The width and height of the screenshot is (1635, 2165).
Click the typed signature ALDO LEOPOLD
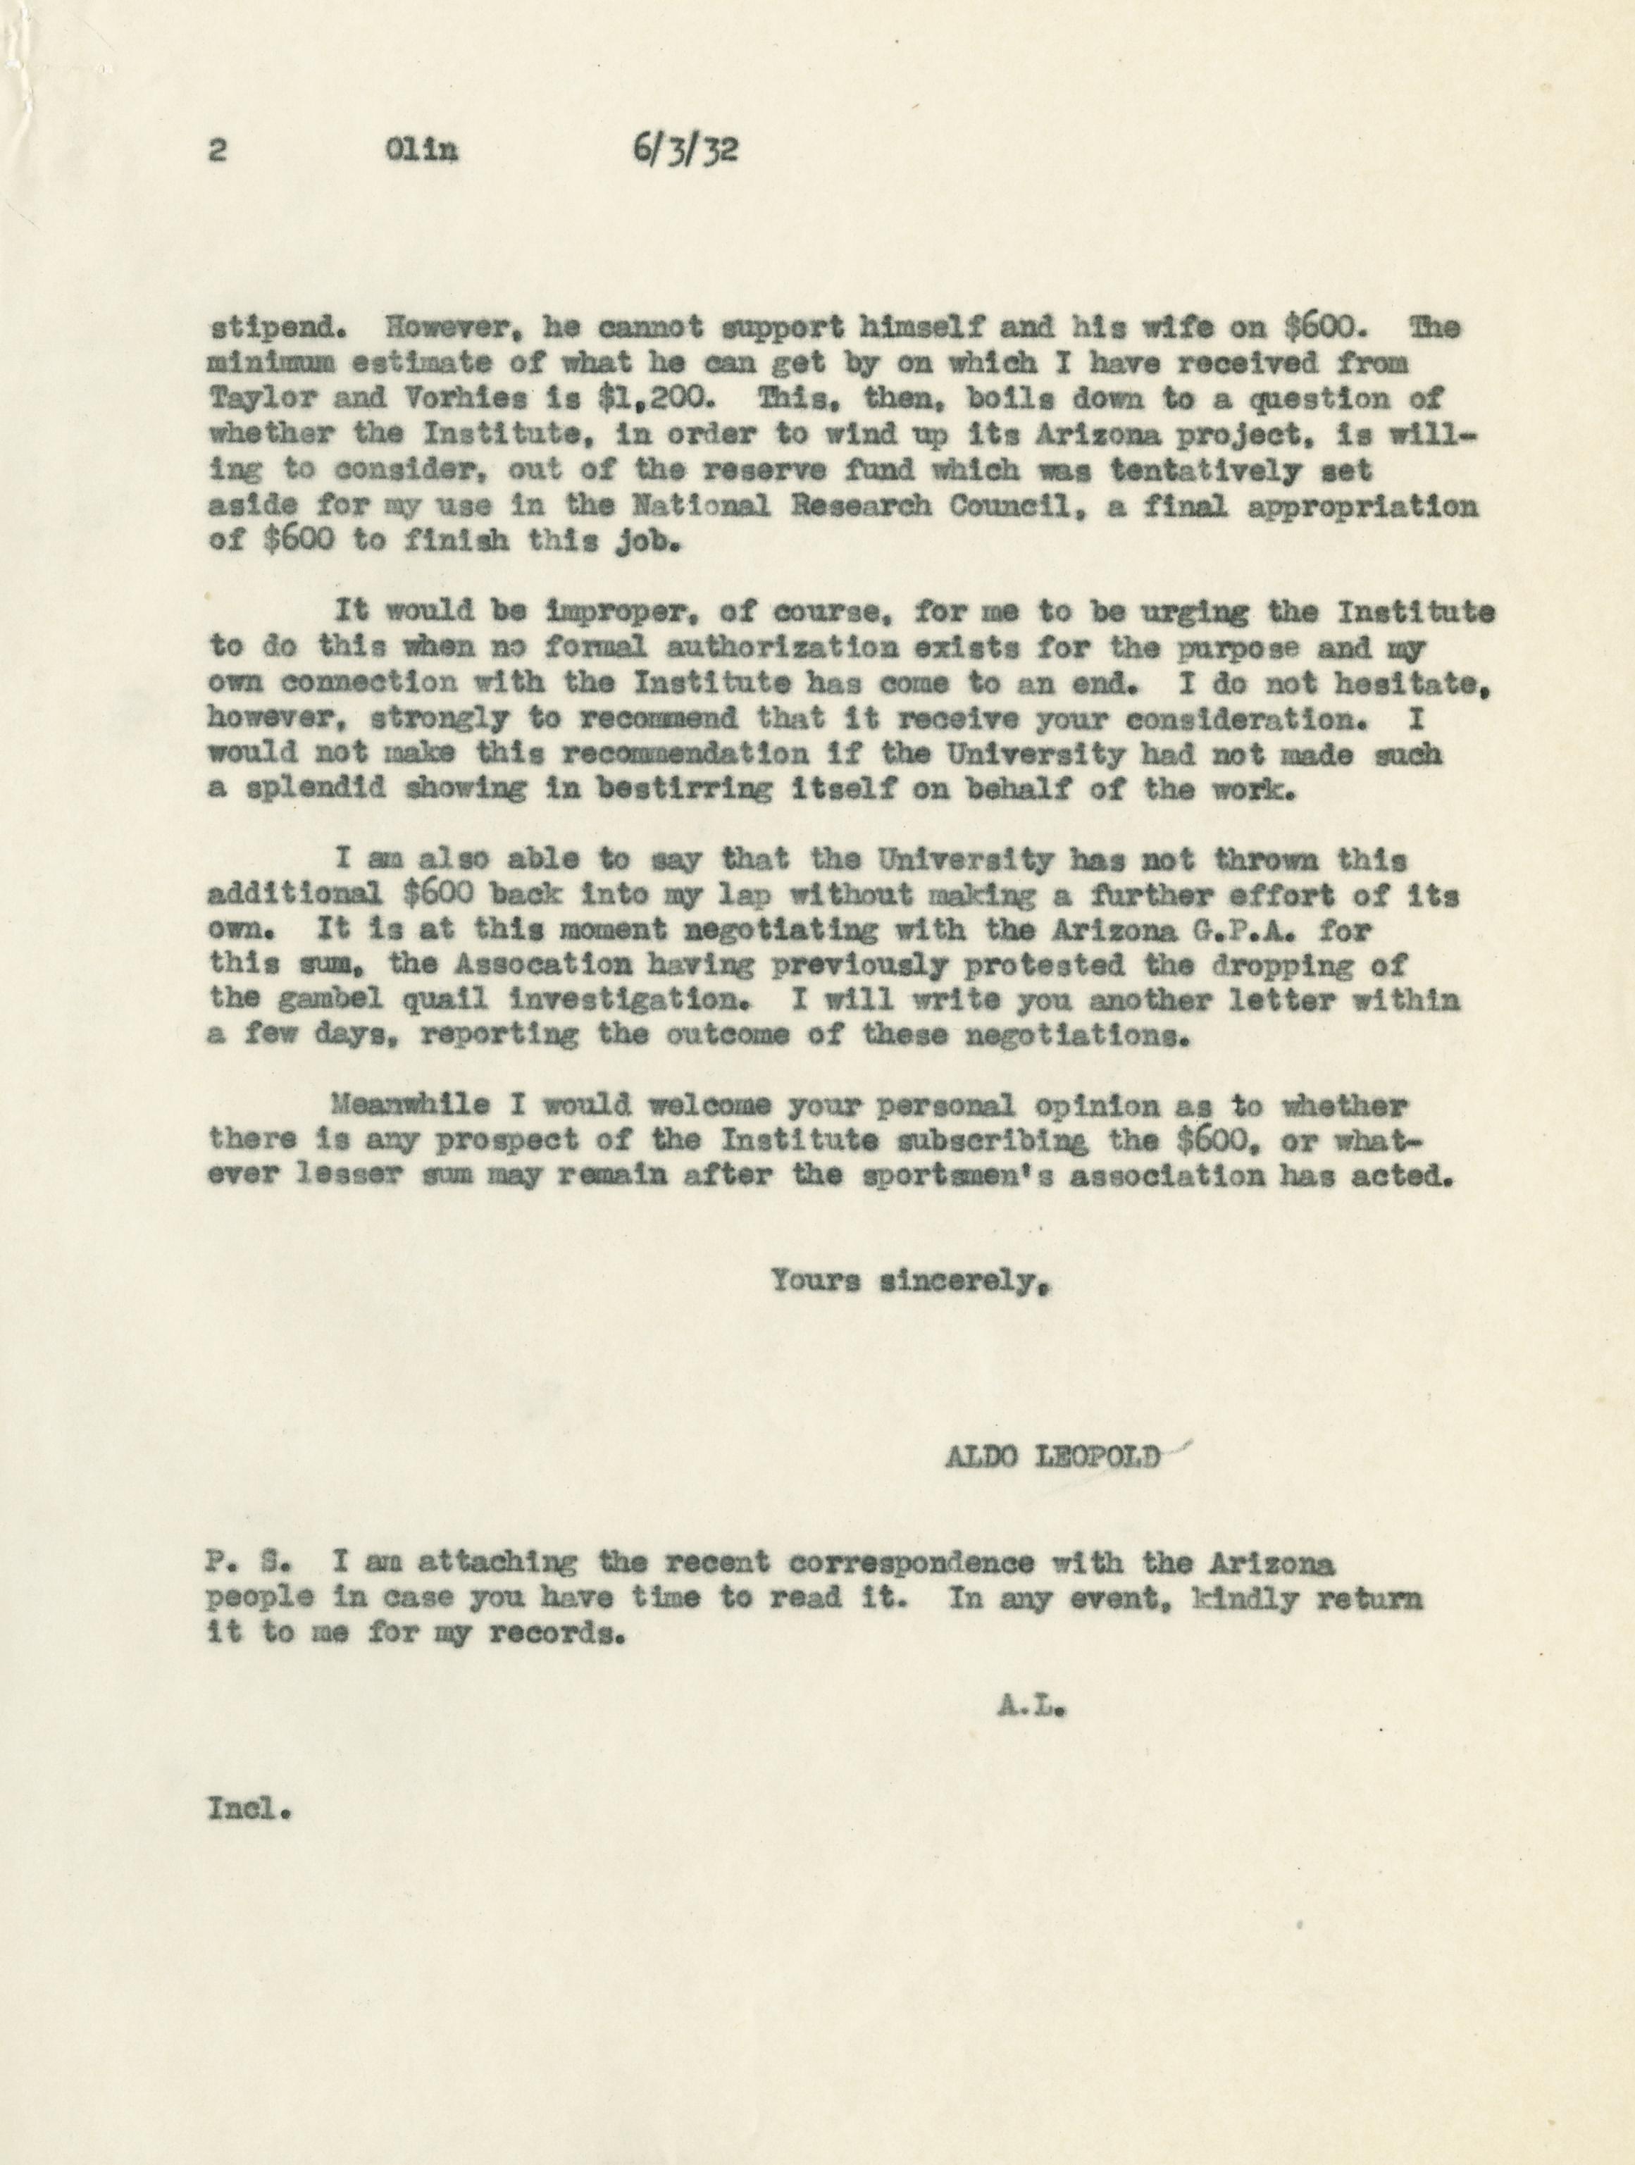(x=1052, y=1456)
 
